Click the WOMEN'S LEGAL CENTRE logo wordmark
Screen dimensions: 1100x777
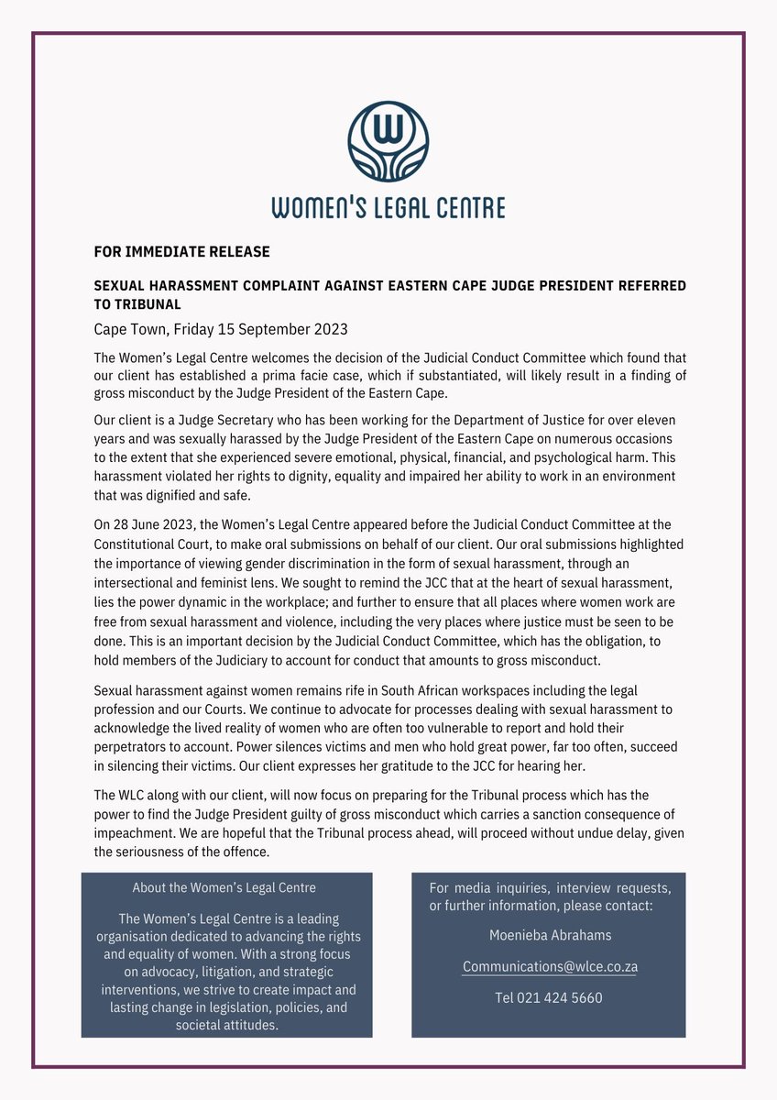[x=388, y=206]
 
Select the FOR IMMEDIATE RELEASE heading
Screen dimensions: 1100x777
[x=181, y=251]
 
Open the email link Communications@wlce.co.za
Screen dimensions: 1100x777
[x=550, y=966]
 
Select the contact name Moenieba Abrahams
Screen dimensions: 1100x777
[x=549, y=935]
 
